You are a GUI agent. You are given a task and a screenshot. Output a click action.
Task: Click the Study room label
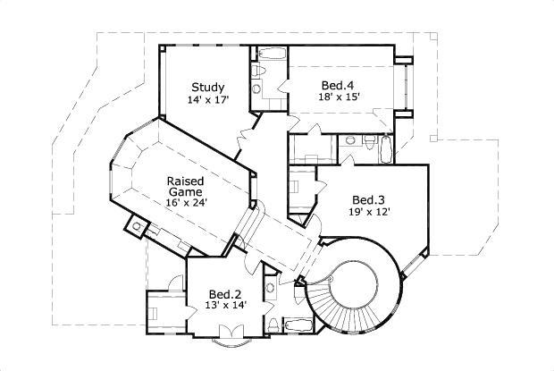point(206,88)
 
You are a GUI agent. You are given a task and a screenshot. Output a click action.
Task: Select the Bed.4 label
point(340,86)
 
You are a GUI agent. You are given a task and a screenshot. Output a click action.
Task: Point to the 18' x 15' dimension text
point(340,97)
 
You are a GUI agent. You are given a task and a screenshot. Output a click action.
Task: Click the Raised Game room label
point(185,186)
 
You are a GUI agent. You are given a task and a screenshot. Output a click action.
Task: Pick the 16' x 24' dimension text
point(185,203)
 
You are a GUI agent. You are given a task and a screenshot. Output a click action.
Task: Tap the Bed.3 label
point(368,199)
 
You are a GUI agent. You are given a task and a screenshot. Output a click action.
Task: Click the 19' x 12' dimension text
point(368,212)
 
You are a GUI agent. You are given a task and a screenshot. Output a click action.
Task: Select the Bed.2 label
point(225,294)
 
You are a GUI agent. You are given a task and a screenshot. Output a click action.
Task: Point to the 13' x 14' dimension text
point(225,306)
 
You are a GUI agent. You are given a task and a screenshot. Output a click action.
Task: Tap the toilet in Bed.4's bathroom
point(258,70)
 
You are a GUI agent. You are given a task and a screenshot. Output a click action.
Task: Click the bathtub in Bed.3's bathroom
point(385,148)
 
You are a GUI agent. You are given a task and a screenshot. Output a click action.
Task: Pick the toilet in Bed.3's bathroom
point(369,142)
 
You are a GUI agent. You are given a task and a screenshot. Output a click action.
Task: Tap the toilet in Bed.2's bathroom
point(270,288)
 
